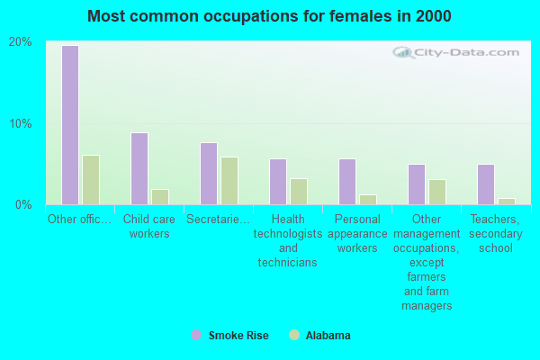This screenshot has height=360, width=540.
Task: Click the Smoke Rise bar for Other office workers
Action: point(69,125)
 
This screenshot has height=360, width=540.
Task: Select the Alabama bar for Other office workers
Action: point(91,180)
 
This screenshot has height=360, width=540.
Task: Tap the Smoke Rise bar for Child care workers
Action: point(139,168)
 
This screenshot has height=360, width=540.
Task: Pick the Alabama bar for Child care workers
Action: point(160,196)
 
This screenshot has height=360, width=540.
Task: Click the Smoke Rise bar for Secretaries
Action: point(208,174)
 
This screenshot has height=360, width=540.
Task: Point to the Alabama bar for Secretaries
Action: point(229,181)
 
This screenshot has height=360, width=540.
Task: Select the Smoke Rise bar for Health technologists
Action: point(277,182)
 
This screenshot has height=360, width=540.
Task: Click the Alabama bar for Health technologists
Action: point(299,192)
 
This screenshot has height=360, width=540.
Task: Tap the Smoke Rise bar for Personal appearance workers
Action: point(346,182)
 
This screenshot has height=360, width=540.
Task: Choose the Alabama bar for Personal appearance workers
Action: point(368,200)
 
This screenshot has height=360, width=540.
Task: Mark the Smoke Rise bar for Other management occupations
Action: point(416,184)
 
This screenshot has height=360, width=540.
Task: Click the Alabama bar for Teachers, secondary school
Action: point(507,202)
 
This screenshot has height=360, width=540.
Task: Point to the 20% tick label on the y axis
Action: point(21,42)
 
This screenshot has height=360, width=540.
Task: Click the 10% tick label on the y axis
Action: point(21,123)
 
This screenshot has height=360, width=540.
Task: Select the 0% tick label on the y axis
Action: point(24,204)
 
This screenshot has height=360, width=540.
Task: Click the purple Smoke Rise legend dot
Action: point(196,335)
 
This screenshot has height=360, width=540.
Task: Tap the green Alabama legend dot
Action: point(294,335)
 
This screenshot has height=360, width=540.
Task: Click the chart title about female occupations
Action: point(270,16)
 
